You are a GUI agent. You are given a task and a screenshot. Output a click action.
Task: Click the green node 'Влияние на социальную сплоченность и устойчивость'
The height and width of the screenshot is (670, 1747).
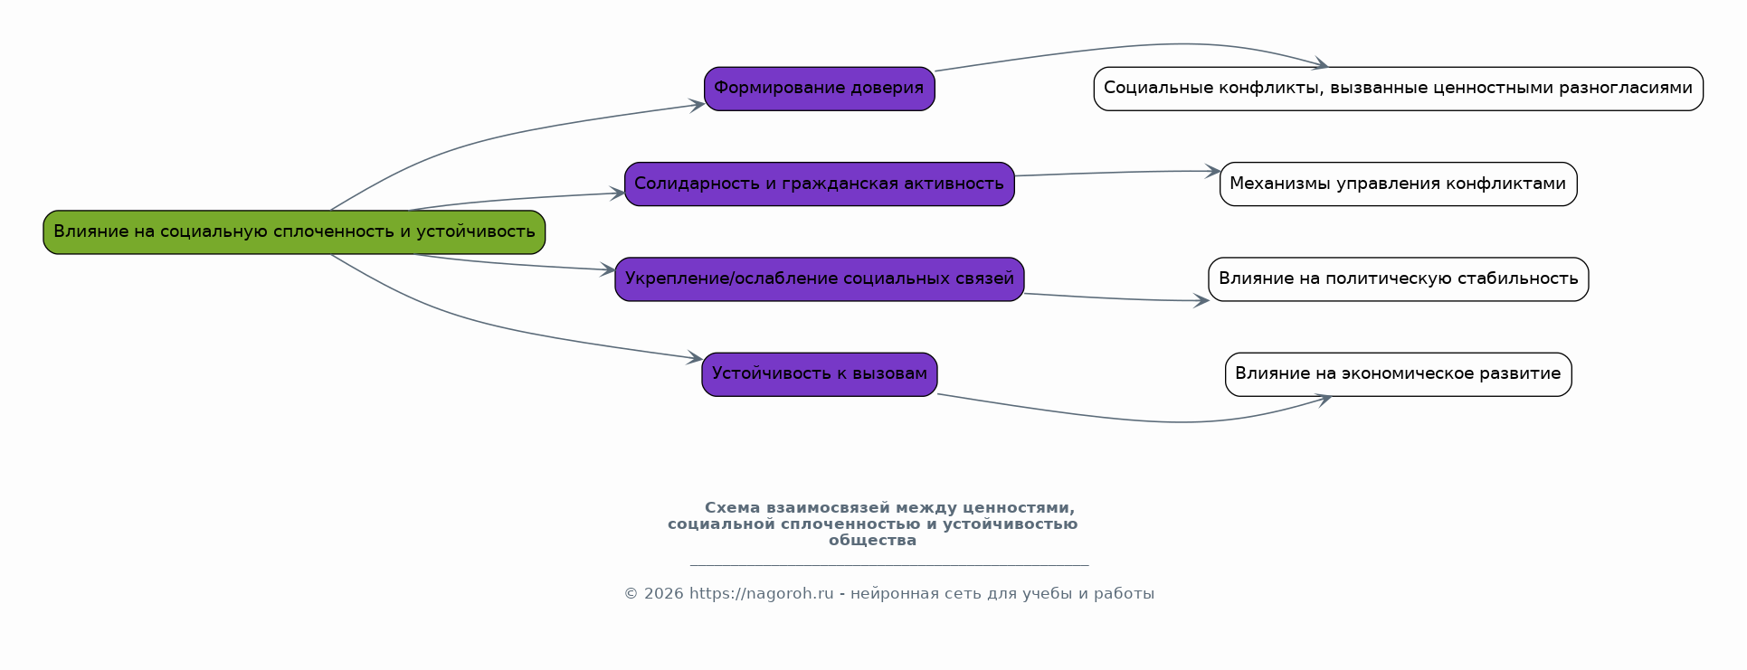pos(294,232)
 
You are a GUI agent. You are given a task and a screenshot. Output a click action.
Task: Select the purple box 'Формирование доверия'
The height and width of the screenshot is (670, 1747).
pos(819,89)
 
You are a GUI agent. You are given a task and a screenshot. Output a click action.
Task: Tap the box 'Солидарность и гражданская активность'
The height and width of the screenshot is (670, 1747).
pos(819,184)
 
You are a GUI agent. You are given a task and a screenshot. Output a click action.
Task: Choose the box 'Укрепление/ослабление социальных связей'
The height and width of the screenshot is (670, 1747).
pos(819,279)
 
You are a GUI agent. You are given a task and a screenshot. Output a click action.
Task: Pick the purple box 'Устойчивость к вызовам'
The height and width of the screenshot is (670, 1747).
pos(819,374)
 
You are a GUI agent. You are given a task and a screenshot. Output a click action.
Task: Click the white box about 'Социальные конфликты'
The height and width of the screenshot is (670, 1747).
pos(1398,89)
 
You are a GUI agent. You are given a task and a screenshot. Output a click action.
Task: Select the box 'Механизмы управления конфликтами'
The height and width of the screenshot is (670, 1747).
pos(1398,184)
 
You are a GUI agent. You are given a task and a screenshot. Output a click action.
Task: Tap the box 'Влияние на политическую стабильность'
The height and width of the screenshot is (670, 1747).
pos(1398,279)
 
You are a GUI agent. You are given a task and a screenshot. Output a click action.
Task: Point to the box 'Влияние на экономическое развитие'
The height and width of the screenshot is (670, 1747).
pos(1398,374)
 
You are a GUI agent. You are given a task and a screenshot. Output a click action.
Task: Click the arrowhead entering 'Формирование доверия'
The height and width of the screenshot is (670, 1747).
pos(698,106)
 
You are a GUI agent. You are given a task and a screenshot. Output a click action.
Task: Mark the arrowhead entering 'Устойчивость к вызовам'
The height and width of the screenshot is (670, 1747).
pos(695,358)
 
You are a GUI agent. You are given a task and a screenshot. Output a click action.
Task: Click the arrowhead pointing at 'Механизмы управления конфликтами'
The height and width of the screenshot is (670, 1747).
pos(1213,171)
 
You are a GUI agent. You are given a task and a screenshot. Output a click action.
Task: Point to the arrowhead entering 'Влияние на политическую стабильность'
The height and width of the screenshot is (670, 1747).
pos(1201,301)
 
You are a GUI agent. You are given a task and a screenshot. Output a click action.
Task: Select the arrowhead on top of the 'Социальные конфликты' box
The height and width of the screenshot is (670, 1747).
pos(1321,65)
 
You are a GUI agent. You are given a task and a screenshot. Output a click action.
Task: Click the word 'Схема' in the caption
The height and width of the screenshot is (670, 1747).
pos(732,508)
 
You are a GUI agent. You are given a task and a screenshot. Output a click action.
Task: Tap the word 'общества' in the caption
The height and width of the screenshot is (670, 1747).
pos(872,541)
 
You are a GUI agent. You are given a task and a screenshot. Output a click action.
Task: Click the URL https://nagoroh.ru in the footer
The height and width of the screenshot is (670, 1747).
pos(761,594)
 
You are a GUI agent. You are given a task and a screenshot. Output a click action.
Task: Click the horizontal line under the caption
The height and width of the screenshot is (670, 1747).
pos(888,566)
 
